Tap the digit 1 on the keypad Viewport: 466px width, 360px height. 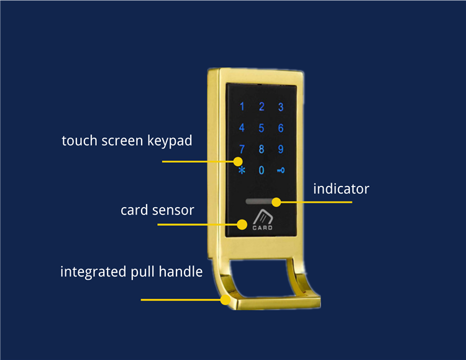pyautogui.click(x=242, y=107)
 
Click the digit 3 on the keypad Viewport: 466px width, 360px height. pyautogui.click(x=281, y=107)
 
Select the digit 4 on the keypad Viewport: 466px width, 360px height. pyautogui.click(x=242, y=129)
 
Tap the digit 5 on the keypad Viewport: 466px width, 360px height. pyautogui.click(x=262, y=129)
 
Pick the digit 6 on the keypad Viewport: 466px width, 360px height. pyautogui.click(x=281, y=129)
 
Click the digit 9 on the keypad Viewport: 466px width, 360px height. pyautogui.click(x=281, y=149)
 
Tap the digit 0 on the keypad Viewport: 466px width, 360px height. pyautogui.click(x=262, y=170)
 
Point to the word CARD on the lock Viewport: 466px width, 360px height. pyautogui.click(x=262, y=228)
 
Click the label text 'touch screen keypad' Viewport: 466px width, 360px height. pyautogui.click(x=127, y=141)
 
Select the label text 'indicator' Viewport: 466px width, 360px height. pyautogui.click(x=341, y=188)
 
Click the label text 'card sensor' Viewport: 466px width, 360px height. pyautogui.click(x=157, y=210)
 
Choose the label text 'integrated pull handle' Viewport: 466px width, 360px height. pyautogui.click(x=131, y=272)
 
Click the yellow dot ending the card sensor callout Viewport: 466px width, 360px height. pyautogui.click(x=242, y=223)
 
